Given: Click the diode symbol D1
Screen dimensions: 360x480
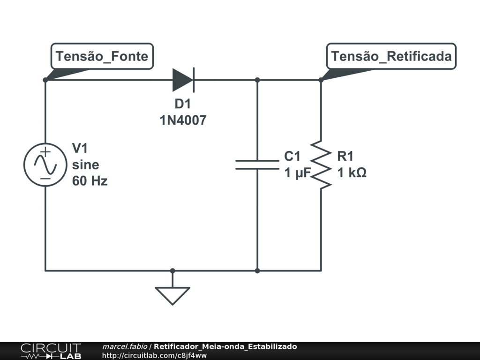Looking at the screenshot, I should (x=183, y=80).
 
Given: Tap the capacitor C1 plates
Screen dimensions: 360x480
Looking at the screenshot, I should (x=257, y=164).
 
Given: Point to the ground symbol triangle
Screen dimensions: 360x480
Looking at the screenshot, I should (x=172, y=294).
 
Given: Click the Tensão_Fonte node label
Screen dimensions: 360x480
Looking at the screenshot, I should (x=102, y=57).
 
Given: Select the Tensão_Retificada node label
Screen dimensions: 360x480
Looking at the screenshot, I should (x=391, y=57).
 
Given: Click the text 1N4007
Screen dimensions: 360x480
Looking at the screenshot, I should (x=183, y=120).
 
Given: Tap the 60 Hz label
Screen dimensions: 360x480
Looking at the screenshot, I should (x=90, y=181).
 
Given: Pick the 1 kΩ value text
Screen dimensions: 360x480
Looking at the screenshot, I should (x=352, y=173).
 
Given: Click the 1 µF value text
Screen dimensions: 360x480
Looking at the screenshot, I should (x=298, y=173).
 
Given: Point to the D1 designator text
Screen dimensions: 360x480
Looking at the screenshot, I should (x=183, y=104).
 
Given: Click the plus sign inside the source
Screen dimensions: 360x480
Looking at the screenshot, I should (x=45, y=152).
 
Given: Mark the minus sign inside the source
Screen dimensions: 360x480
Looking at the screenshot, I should (x=45, y=178).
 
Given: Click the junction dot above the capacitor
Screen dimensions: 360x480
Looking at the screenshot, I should (x=257, y=80).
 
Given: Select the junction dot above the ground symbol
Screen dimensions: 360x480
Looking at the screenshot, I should (x=172, y=270).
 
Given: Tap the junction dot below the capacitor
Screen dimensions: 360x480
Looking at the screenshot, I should (x=257, y=270).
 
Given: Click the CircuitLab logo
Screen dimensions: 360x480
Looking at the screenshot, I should (x=51, y=351).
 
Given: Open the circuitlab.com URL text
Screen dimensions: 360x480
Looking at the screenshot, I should (x=154, y=355).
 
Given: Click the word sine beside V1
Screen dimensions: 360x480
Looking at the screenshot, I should (x=85, y=165).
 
